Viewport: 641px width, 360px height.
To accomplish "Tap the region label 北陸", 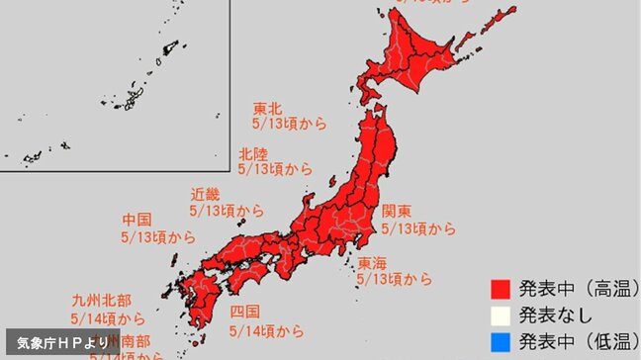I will click(254, 153).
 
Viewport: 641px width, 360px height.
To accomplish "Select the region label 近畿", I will click(206, 195).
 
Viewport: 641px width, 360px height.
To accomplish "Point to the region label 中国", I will click(137, 220).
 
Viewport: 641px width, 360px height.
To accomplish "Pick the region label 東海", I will click(373, 262).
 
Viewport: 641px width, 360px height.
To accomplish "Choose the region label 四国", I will click(244, 313).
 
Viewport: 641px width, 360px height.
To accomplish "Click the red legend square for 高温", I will click(501, 290).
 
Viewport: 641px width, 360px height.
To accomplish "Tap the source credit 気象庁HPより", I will click(61, 342).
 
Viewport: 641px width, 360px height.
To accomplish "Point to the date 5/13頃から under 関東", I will click(419, 229).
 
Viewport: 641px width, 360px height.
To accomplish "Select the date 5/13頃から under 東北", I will click(290, 125).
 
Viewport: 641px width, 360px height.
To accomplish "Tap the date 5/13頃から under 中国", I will click(158, 237).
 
